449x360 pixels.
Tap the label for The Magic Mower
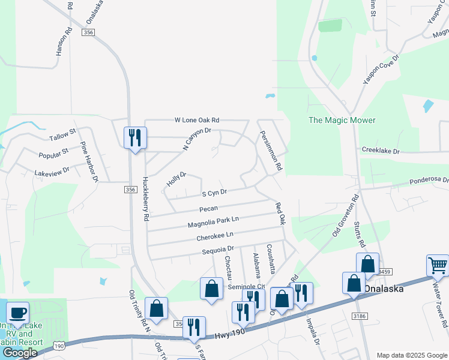[x=342, y=120]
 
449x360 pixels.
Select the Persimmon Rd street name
[x=270, y=152]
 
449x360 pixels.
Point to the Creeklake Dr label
[x=380, y=151]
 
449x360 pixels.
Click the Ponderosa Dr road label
[x=429, y=180]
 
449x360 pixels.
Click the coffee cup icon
[x=17, y=313]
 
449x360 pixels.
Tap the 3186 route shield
[x=360, y=315]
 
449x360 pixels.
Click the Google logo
[x=19, y=353]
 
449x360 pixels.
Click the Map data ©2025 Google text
[x=411, y=355]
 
